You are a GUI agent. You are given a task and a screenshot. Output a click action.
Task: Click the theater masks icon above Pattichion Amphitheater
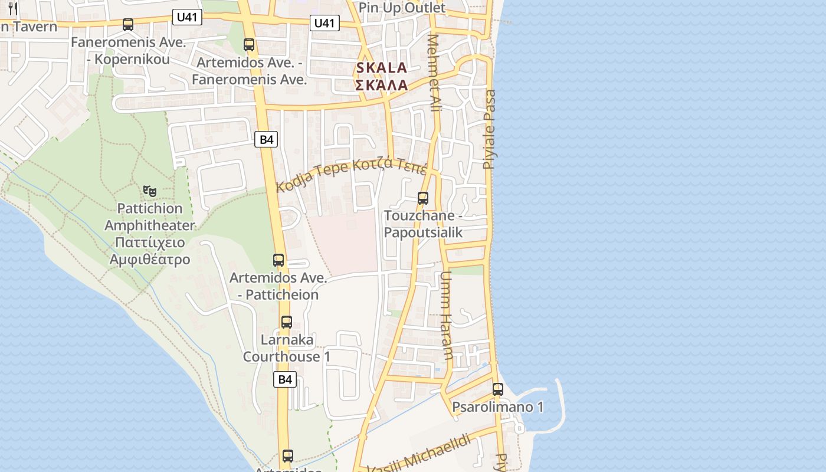point(150,191)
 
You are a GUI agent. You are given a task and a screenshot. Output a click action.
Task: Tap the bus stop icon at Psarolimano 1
point(498,389)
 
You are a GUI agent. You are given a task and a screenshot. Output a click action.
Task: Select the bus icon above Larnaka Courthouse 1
point(287,322)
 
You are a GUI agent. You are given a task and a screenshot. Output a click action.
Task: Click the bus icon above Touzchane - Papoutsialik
point(423,198)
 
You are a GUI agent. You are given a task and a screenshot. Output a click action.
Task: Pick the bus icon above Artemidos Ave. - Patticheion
point(278,260)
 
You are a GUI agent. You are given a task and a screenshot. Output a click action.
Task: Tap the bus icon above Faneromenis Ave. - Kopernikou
point(128,25)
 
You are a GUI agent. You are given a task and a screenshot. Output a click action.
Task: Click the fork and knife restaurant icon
point(13,9)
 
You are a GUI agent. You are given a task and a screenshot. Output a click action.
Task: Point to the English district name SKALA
point(382,68)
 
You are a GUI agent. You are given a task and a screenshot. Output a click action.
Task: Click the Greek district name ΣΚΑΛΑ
point(382,85)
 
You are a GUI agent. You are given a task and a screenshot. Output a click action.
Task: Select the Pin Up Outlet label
point(402,8)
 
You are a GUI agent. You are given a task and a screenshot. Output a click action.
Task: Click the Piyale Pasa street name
point(490,129)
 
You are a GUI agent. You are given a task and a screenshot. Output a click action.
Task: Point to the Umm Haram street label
point(447,316)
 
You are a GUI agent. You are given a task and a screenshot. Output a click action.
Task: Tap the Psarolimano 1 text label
point(497,407)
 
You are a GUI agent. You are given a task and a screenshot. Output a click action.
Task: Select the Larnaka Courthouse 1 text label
point(287,348)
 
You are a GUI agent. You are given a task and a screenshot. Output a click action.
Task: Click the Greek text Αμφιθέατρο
point(150,260)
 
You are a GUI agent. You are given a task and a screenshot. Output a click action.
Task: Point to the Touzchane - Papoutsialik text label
point(423,224)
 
